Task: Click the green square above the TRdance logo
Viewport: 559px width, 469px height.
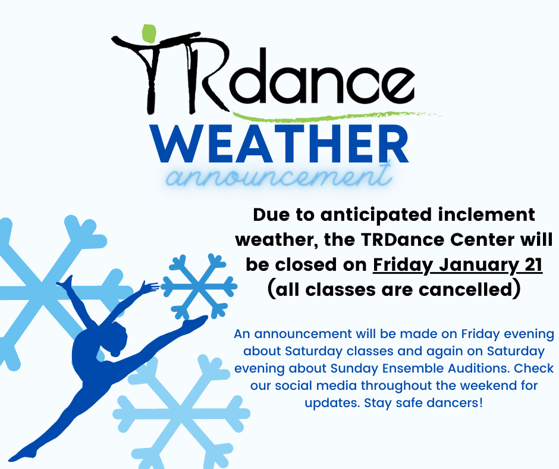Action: [149, 33]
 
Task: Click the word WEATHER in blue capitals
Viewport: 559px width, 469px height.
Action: [280, 144]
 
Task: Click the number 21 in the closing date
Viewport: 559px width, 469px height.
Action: [533, 264]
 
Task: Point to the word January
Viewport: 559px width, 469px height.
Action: [479, 265]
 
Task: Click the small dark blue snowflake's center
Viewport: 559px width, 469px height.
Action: [199, 286]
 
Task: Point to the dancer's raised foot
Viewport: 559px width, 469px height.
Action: [65, 282]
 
